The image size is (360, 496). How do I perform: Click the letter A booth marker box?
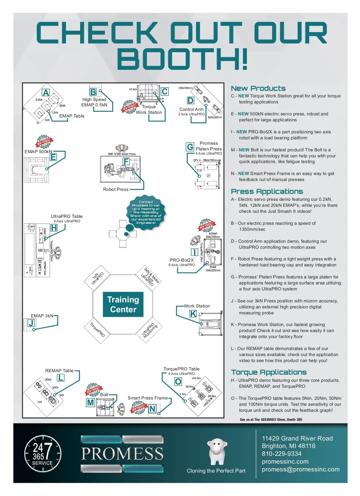tap(46, 93)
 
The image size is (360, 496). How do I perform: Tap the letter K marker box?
tap(193, 314)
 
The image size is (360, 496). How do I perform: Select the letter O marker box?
tap(178, 382)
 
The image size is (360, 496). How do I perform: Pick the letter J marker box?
tap(31, 323)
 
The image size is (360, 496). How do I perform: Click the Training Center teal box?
tap(123, 304)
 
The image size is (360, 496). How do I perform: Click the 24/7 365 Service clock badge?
tap(43, 453)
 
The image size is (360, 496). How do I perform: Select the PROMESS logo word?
tap(122, 453)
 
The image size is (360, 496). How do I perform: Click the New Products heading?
tap(258, 88)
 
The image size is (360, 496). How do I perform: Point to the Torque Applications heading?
tap(268, 372)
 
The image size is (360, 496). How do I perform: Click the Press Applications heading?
tap(267, 192)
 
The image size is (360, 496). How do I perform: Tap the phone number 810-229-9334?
tap(281, 454)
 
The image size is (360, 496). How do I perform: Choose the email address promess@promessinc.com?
tap(300, 469)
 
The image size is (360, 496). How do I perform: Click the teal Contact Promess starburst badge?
tap(146, 212)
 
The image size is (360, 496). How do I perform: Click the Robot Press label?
tap(115, 189)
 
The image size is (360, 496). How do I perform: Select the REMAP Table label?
tap(59, 371)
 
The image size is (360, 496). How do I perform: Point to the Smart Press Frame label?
tap(148, 398)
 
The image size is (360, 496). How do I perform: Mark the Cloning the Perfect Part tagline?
tap(216, 471)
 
